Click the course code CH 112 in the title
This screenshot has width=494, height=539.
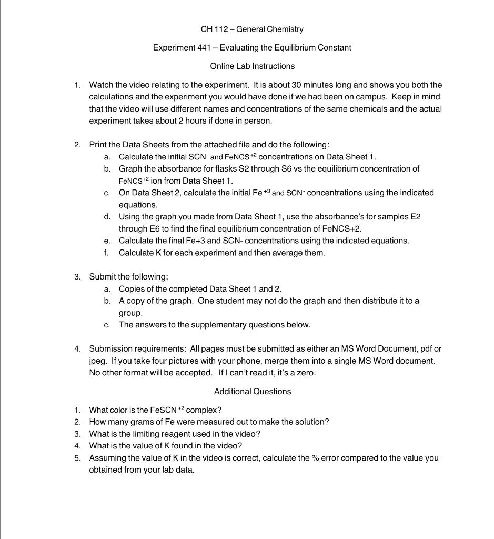pos(215,29)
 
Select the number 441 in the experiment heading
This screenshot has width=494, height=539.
pos(204,47)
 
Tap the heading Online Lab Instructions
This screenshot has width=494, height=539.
pos(252,66)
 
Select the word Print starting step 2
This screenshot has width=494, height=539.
pos(98,144)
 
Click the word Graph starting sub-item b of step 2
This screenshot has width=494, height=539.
pos(130,168)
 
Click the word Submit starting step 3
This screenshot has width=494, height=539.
pos(103,276)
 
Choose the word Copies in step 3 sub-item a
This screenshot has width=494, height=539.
pos(131,288)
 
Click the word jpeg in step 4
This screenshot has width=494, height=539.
pos(97,361)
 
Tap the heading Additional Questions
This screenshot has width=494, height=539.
pos(252,391)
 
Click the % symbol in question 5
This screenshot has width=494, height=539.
pos(315,458)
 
